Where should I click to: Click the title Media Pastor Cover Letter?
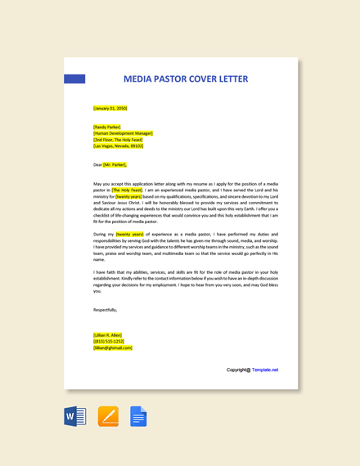(185, 79)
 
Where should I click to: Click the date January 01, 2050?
(110, 108)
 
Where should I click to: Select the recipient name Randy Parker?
(107, 127)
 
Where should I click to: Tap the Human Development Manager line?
(123, 133)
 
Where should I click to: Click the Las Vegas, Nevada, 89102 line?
(118, 146)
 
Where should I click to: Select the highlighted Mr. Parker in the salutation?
(115, 164)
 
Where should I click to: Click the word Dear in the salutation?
(97, 164)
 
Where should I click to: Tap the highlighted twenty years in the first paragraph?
(128, 196)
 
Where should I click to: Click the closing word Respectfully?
(105, 310)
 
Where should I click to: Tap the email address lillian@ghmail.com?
(113, 347)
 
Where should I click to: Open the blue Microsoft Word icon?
(75, 416)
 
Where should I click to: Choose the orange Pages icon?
(108, 416)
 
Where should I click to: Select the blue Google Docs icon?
(138, 416)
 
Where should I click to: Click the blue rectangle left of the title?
(74, 79)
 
